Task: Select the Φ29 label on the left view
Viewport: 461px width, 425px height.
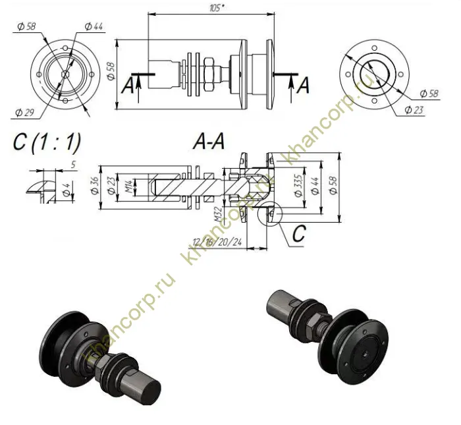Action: [23, 113]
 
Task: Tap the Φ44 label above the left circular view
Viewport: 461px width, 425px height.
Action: [94, 26]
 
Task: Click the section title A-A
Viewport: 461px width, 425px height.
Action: [209, 140]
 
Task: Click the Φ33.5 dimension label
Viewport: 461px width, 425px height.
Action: [300, 185]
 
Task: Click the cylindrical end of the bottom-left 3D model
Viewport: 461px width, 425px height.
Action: [149, 389]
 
